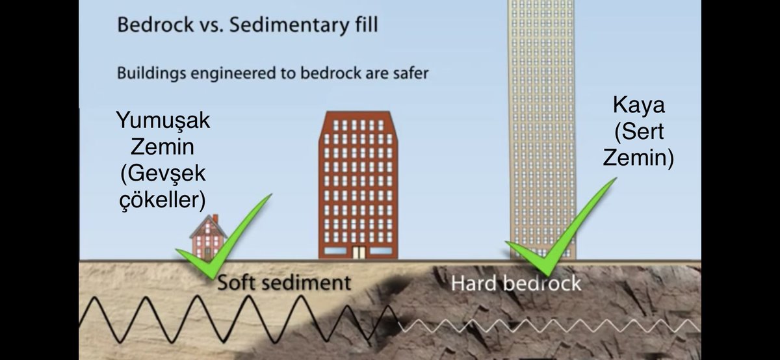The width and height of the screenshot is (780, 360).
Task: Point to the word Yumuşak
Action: [x=163, y=121]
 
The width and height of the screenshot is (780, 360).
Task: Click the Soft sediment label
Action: [x=283, y=283]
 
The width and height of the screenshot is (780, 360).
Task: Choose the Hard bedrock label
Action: [x=516, y=283]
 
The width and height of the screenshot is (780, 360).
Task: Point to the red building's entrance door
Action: [x=357, y=252]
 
